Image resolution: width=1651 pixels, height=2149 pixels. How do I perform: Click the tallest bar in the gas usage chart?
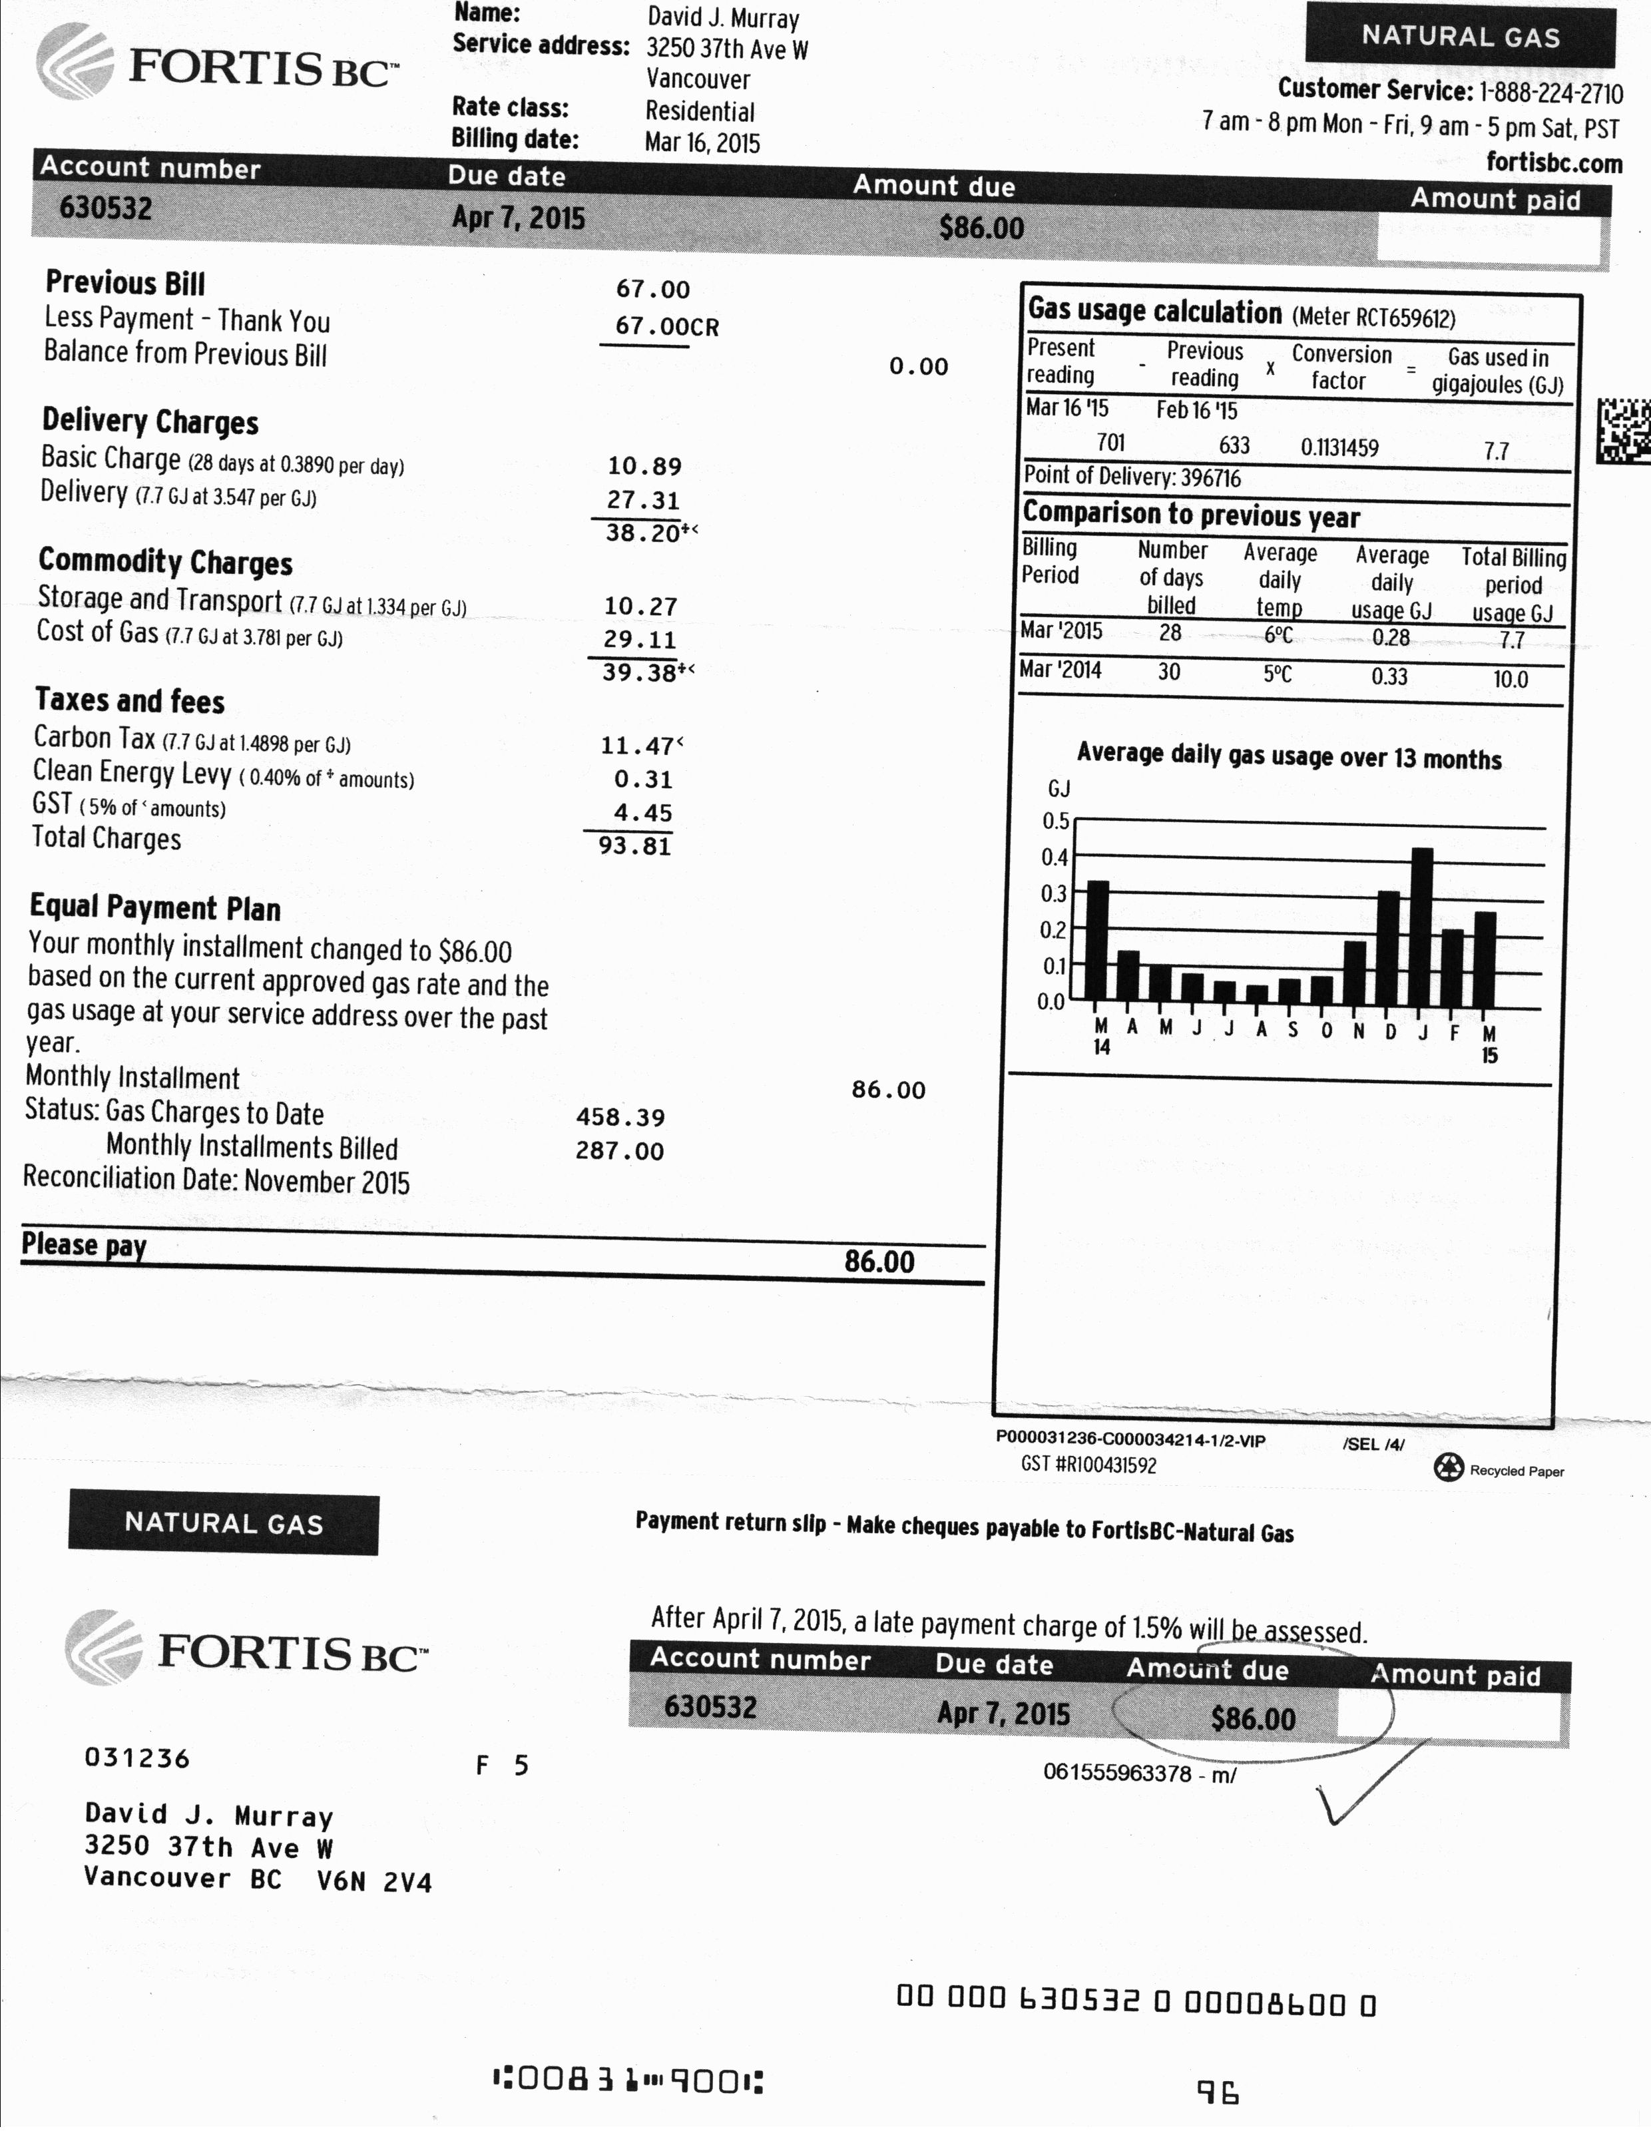point(1421,923)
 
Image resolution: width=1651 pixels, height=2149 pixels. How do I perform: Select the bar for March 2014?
point(1098,939)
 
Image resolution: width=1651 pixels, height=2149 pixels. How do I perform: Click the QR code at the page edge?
point(1624,430)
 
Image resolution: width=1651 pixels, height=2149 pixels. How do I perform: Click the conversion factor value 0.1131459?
point(1339,448)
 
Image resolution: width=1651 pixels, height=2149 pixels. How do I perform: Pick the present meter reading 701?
point(1110,443)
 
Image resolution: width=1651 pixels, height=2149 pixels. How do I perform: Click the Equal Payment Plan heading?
point(155,907)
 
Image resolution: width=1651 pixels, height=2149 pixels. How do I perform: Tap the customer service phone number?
point(1550,93)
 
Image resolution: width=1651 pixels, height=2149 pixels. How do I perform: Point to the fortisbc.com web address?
point(1554,162)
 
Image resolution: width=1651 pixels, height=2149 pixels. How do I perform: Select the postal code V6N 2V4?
point(373,1882)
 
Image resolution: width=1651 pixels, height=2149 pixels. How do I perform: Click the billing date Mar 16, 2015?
point(702,143)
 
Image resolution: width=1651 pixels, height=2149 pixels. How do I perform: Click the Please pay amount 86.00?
point(879,1262)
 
